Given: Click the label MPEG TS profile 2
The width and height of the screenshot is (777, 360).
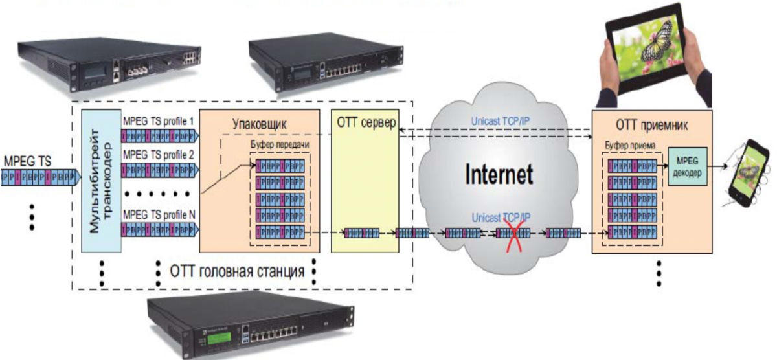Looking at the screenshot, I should click(x=159, y=155).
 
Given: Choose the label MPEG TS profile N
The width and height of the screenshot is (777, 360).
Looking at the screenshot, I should click(x=159, y=214).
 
